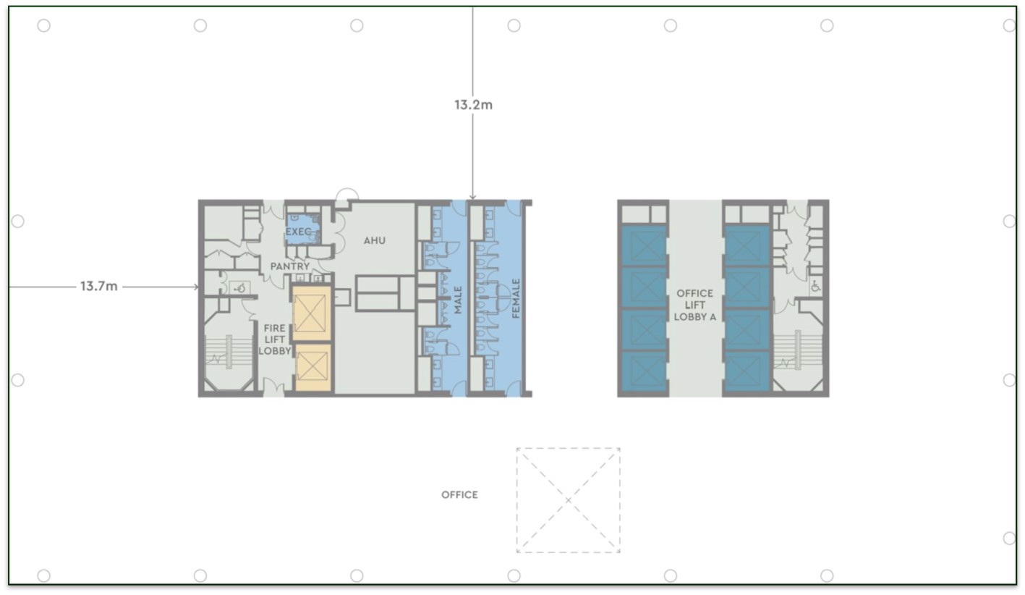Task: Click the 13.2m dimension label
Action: tap(474, 105)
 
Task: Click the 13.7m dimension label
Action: tap(99, 286)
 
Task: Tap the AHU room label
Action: tap(374, 240)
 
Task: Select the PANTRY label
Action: tap(289, 266)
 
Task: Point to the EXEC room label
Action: tap(298, 232)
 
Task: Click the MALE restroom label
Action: tap(458, 300)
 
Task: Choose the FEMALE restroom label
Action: tap(516, 298)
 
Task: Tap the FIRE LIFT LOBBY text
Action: tap(275, 339)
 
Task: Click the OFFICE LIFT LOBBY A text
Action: tap(694, 305)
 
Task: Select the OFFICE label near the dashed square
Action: tap(459, 494)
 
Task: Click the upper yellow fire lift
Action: tap(311, 313)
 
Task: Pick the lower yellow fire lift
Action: tap(313, 368)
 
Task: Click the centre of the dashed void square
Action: tap(569, 500)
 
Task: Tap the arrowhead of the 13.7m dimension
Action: tap(196, 287)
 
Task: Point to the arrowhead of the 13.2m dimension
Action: tap(472, 198)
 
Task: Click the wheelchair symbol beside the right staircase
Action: tap(816, 286)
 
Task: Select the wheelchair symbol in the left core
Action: tap(240, 288)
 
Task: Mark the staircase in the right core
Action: tap(798, 350)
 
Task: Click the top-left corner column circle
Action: tap(44, 25)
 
